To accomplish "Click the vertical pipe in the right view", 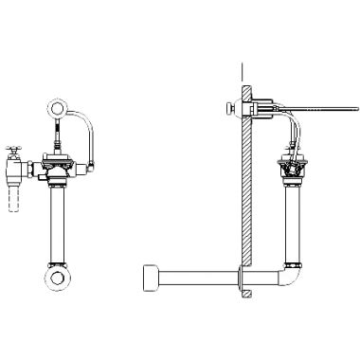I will (292, 223).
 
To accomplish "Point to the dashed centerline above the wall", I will (244, 71).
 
